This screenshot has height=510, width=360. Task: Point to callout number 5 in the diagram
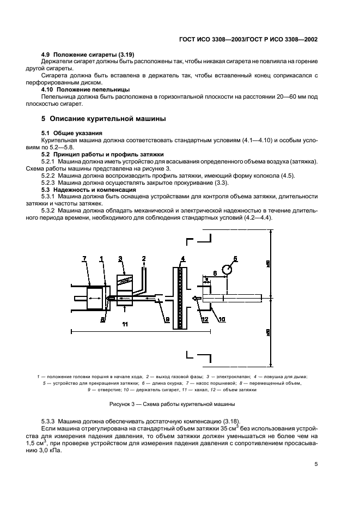pyautogui.click(x=236, y=258)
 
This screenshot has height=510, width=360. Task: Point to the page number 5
pyautogui.click(x=316, y=465)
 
